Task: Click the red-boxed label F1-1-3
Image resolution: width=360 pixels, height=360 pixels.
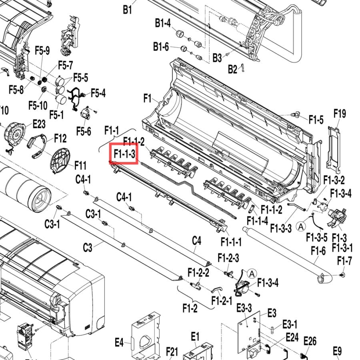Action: point(124,154)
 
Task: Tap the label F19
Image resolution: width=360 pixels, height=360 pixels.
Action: point(340,114)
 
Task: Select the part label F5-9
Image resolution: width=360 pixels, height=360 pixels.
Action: point(42,50)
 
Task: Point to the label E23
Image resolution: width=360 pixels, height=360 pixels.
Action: point(39,124)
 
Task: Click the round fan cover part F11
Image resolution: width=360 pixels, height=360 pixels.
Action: point(60,160)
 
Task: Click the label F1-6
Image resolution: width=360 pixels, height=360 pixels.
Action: point(318,250)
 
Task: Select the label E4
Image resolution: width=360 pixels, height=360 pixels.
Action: point(119,342)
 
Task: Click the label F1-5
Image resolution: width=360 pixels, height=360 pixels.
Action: point(316,120)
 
